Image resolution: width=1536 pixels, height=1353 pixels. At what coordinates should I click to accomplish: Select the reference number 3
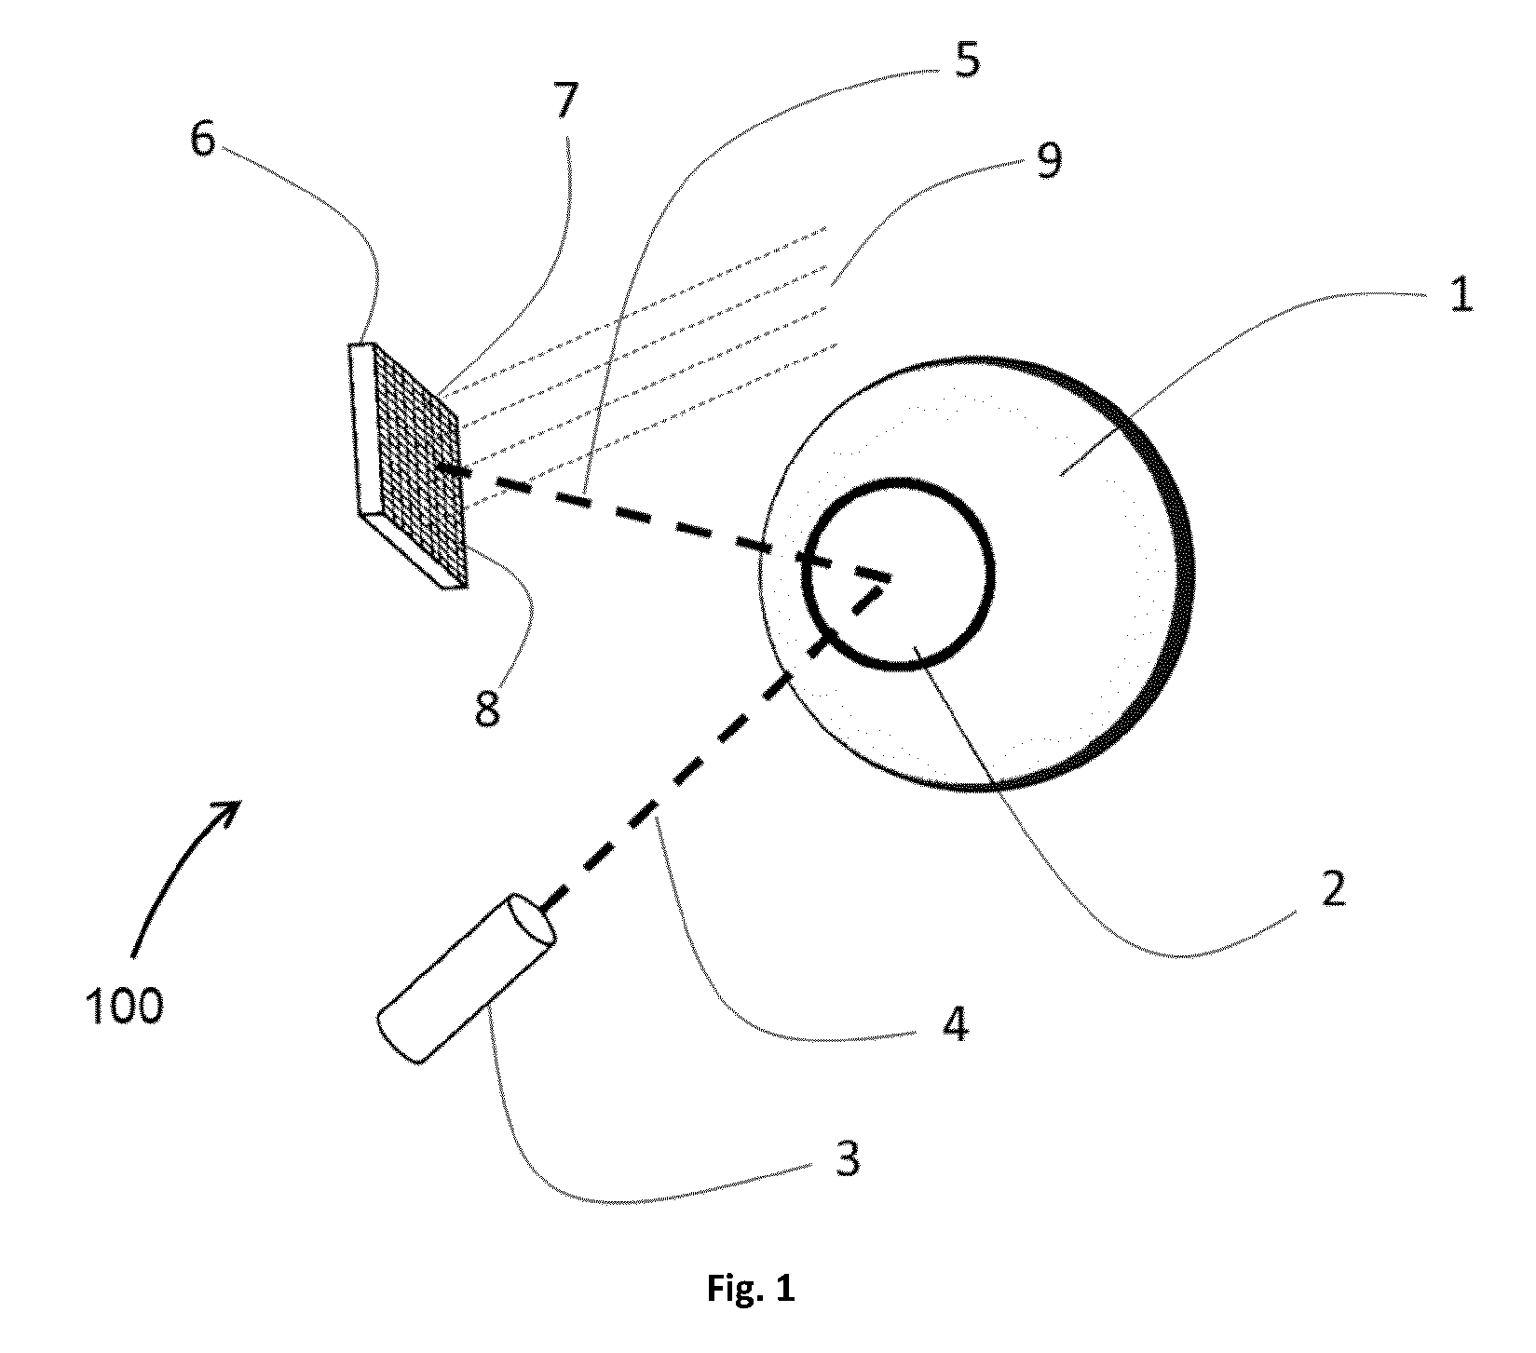(x=846, y=1161)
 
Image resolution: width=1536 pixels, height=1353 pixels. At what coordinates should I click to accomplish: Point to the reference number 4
(x=955, y=1024)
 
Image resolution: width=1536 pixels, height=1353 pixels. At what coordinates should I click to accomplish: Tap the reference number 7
(x=565, y=101)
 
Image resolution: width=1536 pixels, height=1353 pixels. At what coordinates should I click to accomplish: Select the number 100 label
(x=124, y=1007)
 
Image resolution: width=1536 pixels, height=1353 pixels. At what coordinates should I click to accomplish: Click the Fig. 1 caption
(x=748, y=1290)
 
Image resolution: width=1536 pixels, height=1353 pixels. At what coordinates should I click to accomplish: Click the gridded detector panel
(x=418, y=463)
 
